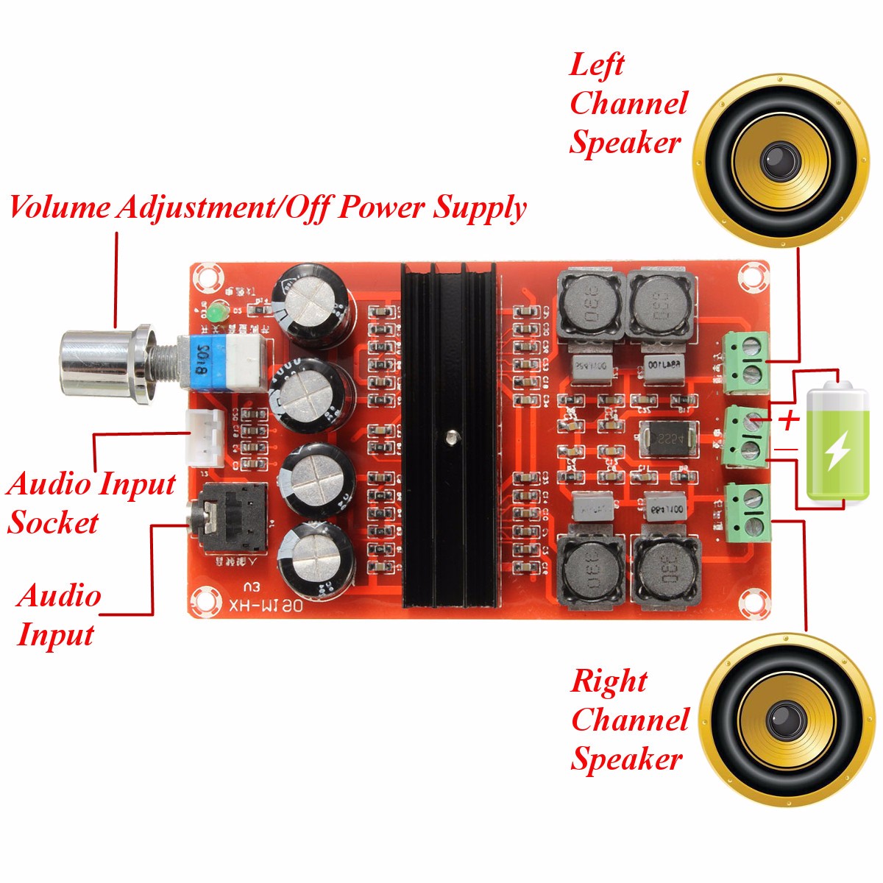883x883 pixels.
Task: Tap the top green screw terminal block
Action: pos(747,363)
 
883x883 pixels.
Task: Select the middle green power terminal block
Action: pos(745,436)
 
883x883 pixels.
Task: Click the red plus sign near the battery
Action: pos(789,421)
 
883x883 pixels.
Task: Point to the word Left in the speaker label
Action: pos(596,65)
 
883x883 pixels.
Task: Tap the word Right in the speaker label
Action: pos(609,681)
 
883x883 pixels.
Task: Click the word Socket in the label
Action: pos(53,523)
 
